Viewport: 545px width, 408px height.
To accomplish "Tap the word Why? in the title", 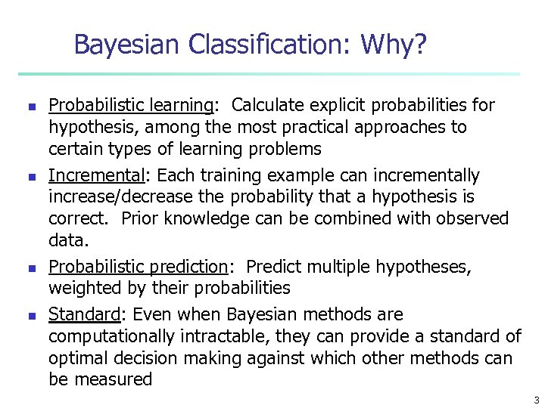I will point(394,45).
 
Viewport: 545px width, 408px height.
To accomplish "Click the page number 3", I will point(536,400).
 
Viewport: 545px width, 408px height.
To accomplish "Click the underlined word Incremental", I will point(96,176).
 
